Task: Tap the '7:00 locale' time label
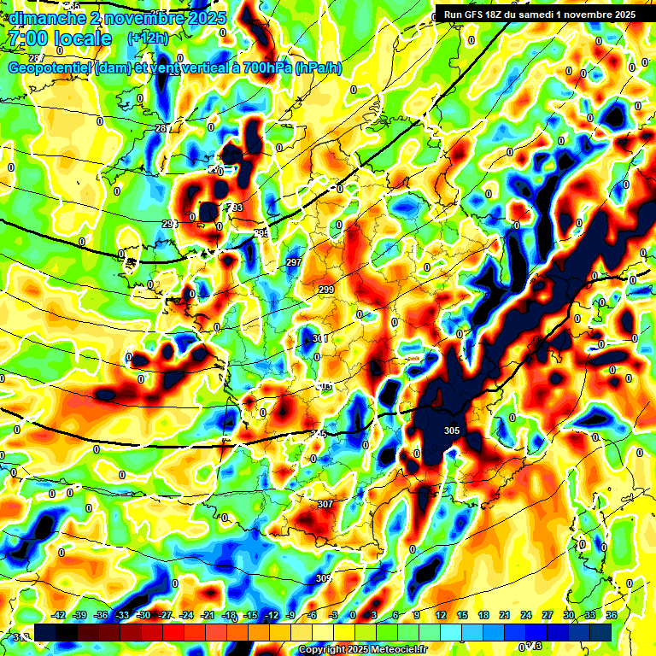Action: [x=58, y=39]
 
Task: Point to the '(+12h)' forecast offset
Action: [x=148, y=38]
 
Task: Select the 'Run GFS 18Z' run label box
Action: [x=539, y=15]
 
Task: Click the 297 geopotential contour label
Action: [x=294, y=262]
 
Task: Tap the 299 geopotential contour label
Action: [x=326, y=290]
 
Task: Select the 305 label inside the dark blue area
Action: [x=452, y=431]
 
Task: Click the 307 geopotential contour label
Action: [x=325, y=504]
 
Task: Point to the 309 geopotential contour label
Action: [x=323, y=578]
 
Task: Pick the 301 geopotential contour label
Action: [x=320, y=339]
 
